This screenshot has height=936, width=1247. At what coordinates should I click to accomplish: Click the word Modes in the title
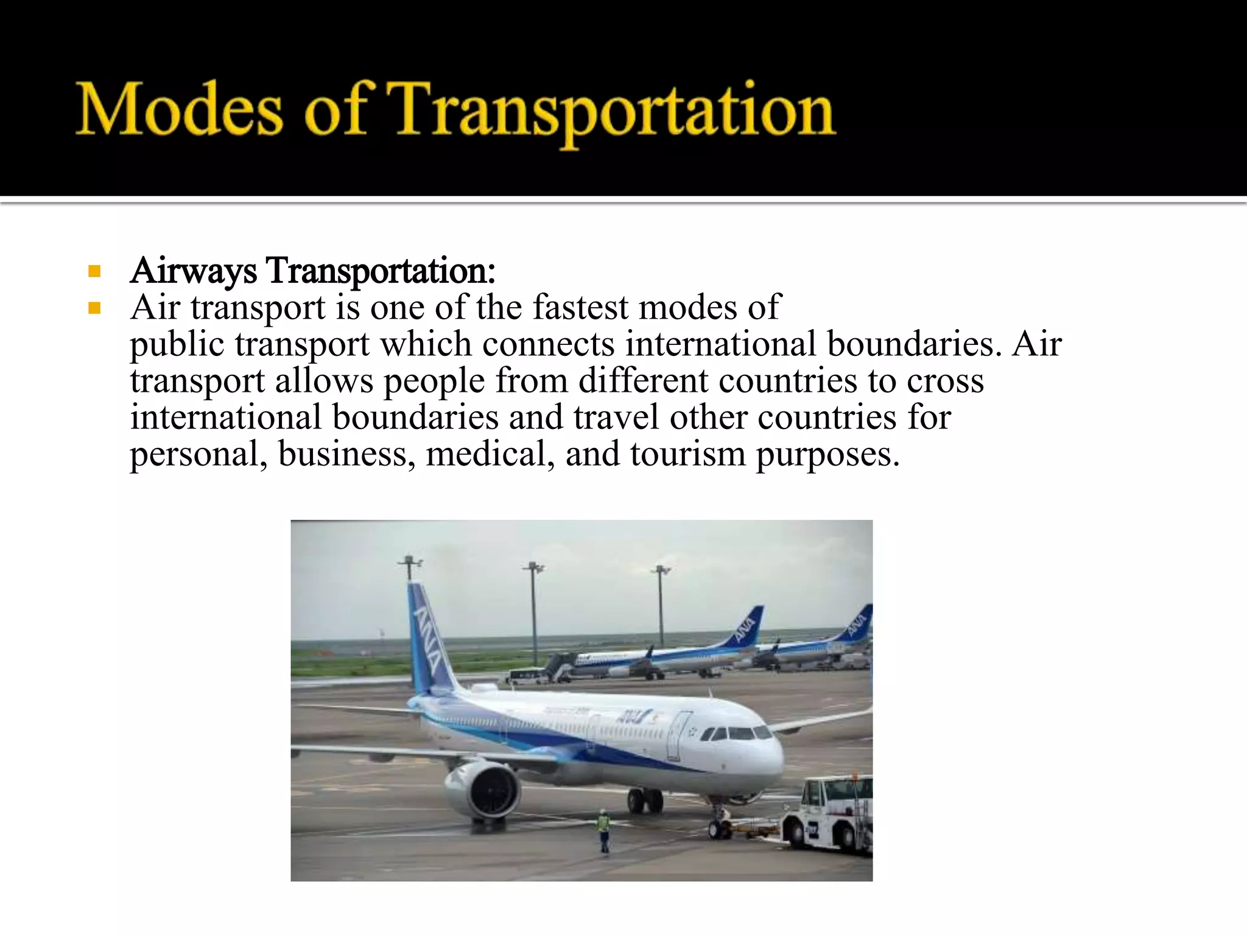[179, 110]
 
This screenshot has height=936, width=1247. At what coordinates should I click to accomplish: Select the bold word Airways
[193, 271]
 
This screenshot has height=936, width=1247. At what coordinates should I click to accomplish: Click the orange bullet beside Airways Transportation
[94, 271]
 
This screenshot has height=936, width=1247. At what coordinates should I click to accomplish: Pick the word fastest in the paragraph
[580, 307]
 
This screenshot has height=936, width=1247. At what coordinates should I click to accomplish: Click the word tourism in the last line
[687, 455]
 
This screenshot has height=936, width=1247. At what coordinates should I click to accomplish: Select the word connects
[548, 344]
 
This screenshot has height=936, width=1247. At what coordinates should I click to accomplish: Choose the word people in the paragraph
[434, 381]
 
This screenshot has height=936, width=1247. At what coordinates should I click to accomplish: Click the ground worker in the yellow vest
[603, 830]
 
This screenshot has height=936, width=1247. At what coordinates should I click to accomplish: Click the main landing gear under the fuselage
[644, 799]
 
